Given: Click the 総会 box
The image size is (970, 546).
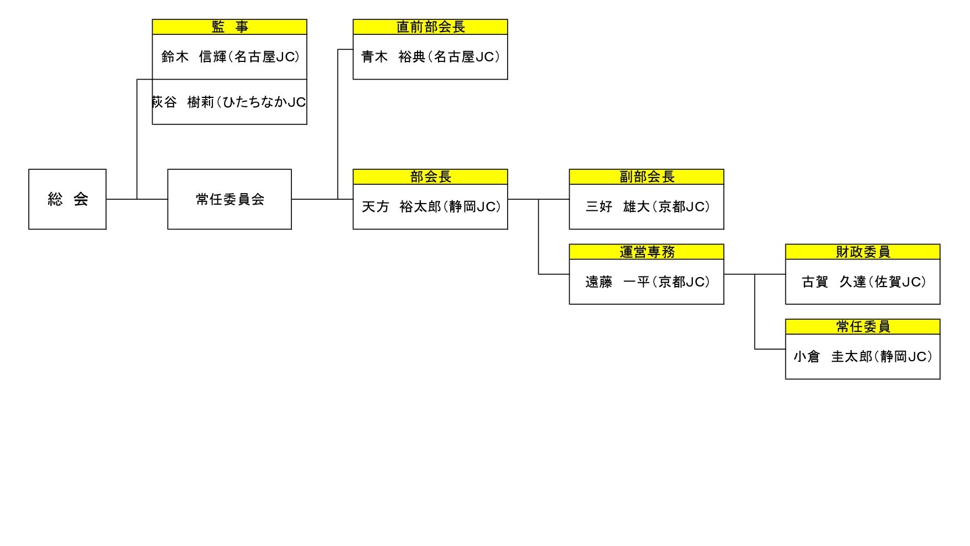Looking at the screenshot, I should (67, 199).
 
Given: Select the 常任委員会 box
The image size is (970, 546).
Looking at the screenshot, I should (230, 199).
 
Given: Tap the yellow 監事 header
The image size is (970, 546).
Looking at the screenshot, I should (230, 27).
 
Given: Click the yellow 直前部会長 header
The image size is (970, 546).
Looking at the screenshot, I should (430, 27).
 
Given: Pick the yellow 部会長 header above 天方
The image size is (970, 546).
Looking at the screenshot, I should (430, 177).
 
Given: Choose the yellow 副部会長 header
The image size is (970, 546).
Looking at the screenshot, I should (646, 177).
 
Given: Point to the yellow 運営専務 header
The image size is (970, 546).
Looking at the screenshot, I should (646, 252).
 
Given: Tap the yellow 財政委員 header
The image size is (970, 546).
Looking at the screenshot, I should (863, 252).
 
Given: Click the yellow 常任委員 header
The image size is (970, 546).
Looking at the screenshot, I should (863, 327).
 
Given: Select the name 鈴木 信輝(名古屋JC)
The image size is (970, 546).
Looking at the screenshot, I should (230, 57).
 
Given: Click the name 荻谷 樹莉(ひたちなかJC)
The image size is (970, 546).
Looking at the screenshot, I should (229, 102).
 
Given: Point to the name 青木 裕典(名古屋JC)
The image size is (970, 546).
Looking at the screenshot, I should (430, 57).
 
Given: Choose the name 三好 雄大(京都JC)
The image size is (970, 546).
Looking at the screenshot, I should (647, 207).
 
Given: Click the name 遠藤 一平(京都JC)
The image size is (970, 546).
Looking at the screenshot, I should (647, 282).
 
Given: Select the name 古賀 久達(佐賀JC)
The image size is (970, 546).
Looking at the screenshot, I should (863, 282).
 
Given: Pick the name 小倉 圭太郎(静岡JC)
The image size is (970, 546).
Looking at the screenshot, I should (863, 357).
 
